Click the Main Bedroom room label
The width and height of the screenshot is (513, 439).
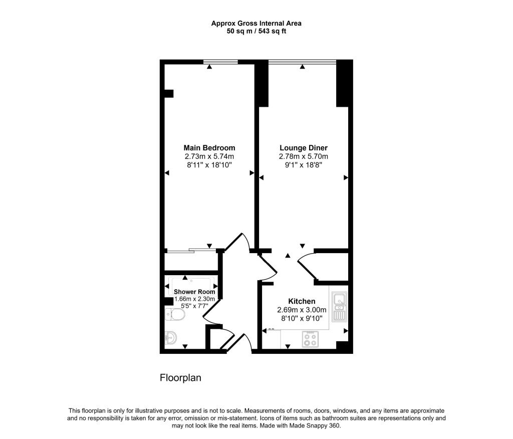(209, 148)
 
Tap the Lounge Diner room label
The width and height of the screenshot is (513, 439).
(303, 148)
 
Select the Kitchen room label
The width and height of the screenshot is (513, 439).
(302, 301)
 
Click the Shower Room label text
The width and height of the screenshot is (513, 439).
(194, 292)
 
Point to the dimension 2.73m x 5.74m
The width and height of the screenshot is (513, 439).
(209, 156)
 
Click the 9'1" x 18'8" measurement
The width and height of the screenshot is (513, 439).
(303, 164)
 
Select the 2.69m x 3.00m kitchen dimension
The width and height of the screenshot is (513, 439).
(302, 310)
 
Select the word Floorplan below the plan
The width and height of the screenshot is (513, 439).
(180, 378)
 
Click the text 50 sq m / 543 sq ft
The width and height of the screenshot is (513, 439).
(256, 31)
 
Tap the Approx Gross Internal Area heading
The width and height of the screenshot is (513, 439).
(256, 23)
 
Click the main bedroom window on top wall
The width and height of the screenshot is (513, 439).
(220, 62)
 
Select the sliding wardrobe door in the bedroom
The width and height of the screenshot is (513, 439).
(190, 250)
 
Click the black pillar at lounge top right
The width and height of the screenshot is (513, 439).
(342, 83)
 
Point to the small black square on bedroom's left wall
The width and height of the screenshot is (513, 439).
(169, 93)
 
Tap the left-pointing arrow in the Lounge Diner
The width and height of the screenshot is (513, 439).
(261, 177)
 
